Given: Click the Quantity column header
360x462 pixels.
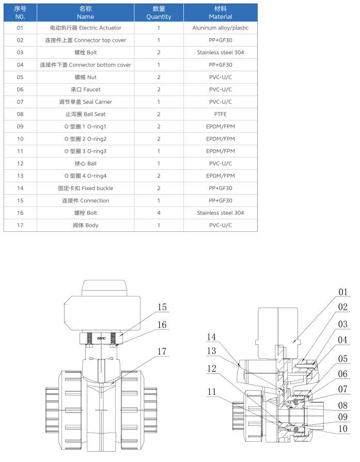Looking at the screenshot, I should pyautogui.click(x=159, y=12).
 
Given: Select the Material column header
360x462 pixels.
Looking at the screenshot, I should pyautogui.click(x=221, y=12).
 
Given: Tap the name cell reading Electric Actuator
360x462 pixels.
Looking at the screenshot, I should pyautogui.click(x=86, y=28).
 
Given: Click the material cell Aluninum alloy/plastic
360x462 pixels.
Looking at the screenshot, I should pyautogui.click(x=221, y=28).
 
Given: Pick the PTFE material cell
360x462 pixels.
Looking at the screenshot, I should pyautogui.click(x=221, y=114).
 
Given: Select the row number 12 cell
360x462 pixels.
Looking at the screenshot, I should pyautogui.click(x=20, y=164).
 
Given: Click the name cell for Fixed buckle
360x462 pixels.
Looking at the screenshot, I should pyautogui.click(x=86, y=188).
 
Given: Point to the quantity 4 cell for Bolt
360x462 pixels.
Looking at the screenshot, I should pyautogui.click(x=159, y=213).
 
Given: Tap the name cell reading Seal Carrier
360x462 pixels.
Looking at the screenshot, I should pyautogui.click(x=86, y=102).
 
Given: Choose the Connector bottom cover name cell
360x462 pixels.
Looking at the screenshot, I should pyautogui.click(x=86, y=65).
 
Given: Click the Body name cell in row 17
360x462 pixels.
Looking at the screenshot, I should pyautogui.click(x=86, y=225).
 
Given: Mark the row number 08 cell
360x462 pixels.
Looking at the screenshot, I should pyautogui.click(x=20, y=114).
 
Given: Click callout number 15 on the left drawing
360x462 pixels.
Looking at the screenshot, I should pyautogui.click(x=162, y=308).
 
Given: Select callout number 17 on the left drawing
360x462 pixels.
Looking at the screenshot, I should pyautogui.click(x=162, y=352).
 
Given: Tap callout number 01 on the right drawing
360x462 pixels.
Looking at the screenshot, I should pyautogui.click(x=343, y=293).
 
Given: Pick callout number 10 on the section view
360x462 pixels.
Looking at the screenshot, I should pyautogui.click(x=343, y=428).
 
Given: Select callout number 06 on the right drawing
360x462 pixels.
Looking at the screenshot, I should pyautogui.click(x=343, y=374).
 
